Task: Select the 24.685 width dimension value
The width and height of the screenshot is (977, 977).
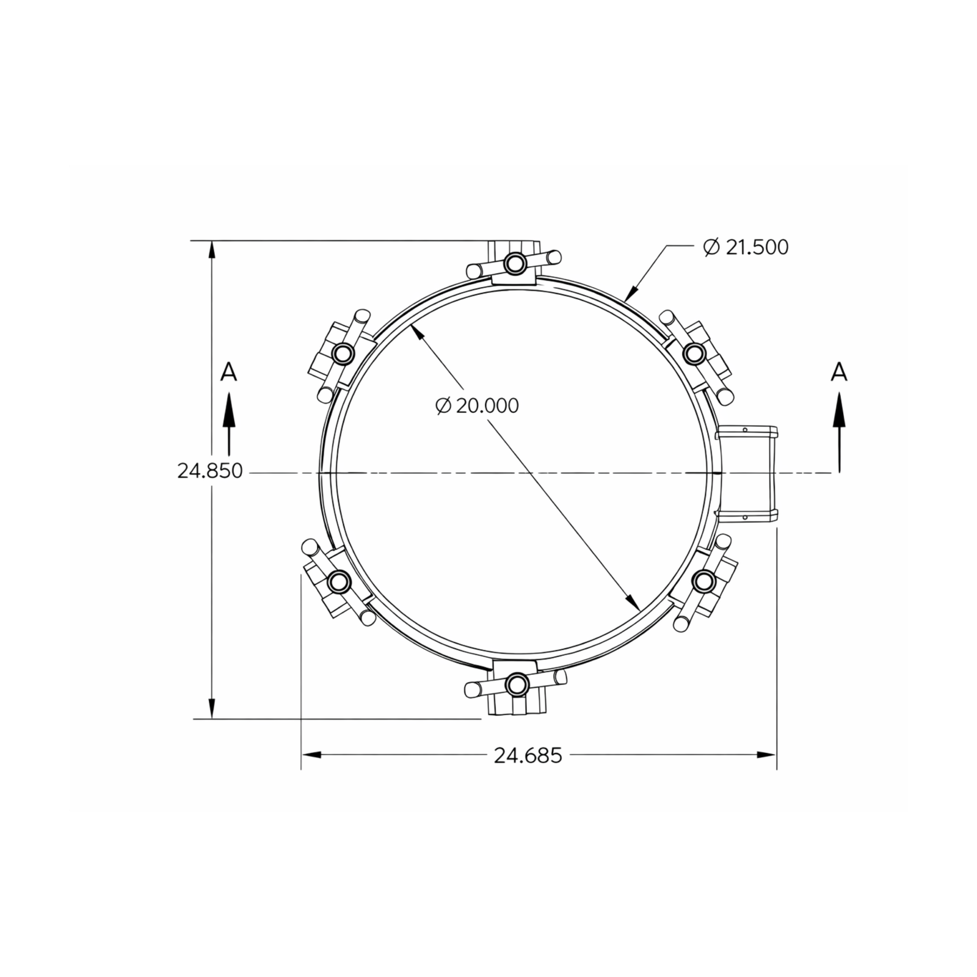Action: coord(528,755)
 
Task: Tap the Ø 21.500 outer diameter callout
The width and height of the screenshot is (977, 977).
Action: coord(746,247)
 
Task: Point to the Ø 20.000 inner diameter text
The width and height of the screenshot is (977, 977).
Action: coord(478,405)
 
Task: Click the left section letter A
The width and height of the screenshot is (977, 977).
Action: coord(228,371)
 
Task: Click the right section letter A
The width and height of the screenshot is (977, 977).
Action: coord(840,371)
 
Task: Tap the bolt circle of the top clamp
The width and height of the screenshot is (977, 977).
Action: coord(516,263)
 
